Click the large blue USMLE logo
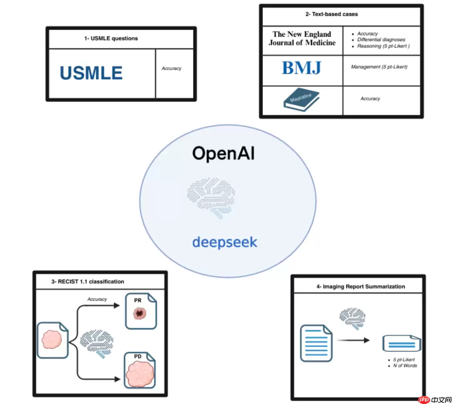(x=91, y=73)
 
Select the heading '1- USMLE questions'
(x=111, y=38)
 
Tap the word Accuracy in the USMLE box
(x=172, y=69)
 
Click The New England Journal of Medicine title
(x=302, y=38)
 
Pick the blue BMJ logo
(x=301, y=68)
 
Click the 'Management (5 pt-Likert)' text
(x=379, y=67)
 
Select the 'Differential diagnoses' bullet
(x=381, y=40)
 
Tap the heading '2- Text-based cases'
(x=331, y=14)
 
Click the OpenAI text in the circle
(x=223, y=154)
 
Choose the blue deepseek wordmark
(x=225, y=242)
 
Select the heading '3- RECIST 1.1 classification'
(x=88, y=282)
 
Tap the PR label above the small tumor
(x=138, y=300)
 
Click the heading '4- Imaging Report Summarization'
(x=361, y=287)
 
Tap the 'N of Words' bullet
(x=404, y=366)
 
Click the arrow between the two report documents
(x=353, y=340)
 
